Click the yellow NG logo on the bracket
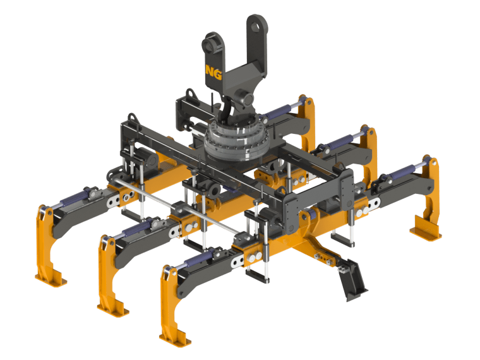(x=213, y=72)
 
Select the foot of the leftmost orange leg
(x=51, y=279)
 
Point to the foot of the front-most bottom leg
(x=175, y=337)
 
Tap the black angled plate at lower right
(x=352, y=279)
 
